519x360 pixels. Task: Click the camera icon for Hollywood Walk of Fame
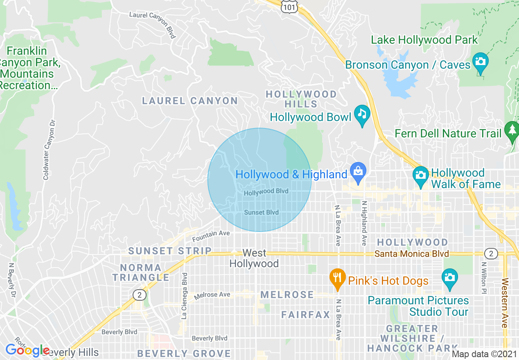click(x=420, y=175)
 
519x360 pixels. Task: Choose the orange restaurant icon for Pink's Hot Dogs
click(x=337, y=278)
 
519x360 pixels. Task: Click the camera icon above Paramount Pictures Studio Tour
click(x=449, y=278)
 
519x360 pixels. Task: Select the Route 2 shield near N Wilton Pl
click(x=491, y=254)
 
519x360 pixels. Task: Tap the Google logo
click(x=27, y=351)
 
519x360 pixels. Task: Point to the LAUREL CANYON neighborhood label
click(x=190, y=101)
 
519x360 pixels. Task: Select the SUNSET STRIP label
click(x=170, y=251)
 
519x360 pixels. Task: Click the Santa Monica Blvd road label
click(x=412, y=254)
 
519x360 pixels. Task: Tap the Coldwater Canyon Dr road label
click(x=49, y=150)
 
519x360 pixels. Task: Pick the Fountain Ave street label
click(x=211, y=236)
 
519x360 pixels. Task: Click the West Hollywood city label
click(x=254, y=258)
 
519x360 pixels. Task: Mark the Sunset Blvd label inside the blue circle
click(x=261, y=212)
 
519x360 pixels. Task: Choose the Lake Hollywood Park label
click(x=424, y=40)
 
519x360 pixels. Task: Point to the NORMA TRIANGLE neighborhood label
click(x=141, y=272)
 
